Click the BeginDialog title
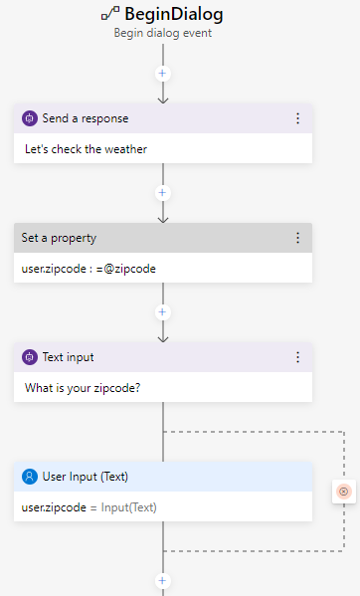174,14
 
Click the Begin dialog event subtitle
163,32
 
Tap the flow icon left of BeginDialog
110,14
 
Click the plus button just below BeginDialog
163,74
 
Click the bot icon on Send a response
30,118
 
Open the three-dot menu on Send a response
297,118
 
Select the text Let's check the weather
86,149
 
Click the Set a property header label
59,238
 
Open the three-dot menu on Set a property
297,238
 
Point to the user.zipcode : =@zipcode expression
89,269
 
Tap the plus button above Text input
163,311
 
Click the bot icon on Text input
30,357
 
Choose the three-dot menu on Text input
297,357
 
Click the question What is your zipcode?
83,388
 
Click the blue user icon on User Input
30,476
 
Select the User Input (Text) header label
86,476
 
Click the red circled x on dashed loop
344,492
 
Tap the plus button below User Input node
163,580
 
